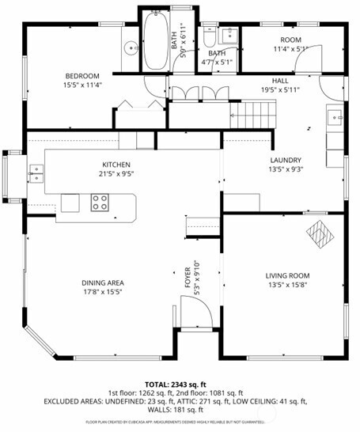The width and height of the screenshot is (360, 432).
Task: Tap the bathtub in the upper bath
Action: tap(154, 40)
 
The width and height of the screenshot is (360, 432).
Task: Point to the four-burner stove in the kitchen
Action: tap(100, 203)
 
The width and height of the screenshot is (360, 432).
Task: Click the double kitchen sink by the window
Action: tap(36, 171)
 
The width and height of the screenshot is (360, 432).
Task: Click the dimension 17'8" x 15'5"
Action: tap(103, 291)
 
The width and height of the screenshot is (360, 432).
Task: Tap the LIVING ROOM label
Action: tap(286, 276)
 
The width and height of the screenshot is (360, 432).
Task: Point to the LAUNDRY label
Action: tap(286, 159)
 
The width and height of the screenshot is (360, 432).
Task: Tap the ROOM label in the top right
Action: tap(290, 39)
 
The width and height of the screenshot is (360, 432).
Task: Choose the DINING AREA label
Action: tap(103, 282)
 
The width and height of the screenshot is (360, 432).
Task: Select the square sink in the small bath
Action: tap(229, 35)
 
